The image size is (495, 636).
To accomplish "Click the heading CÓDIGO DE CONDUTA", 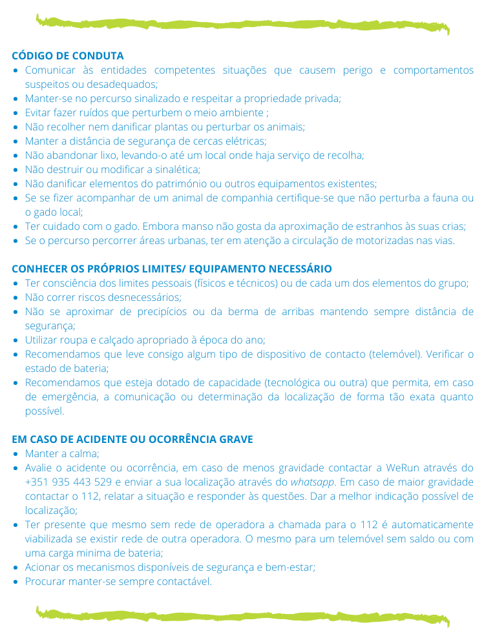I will pos(68,56).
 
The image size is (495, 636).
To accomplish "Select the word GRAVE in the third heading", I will pos(237,439).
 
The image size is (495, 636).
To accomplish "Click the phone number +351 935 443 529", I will pos(68,482).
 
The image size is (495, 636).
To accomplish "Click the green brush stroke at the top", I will pos(243,24).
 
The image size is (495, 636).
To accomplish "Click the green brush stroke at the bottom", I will pos(243,615).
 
